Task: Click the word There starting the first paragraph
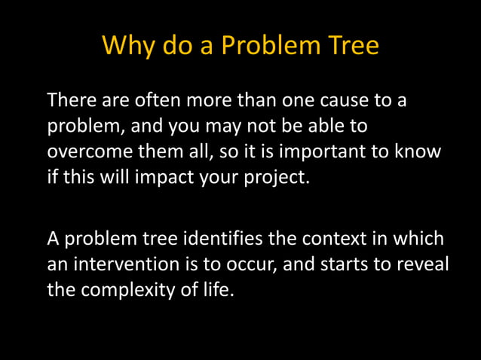point(71,99)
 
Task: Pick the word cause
point(352,99)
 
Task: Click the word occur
point(254,266)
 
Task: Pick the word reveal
point(418,266)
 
